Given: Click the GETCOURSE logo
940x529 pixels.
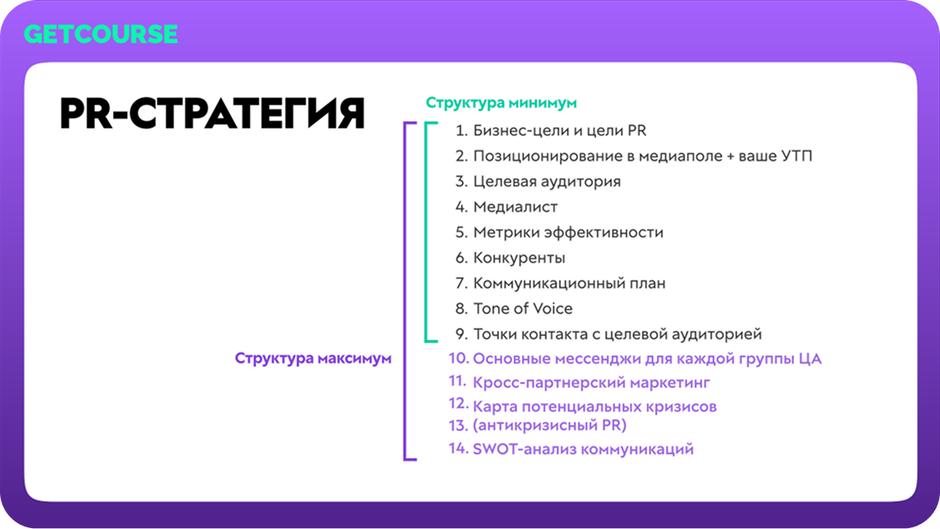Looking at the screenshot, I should [x=101, y=33].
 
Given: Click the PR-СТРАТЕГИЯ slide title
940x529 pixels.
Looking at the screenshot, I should [x=212, y=113].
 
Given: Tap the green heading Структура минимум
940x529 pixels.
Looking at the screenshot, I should [x=501, y=103].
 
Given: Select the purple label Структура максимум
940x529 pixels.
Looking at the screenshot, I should [x=313, y=359].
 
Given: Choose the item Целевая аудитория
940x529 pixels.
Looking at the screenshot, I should [x=547, y=182].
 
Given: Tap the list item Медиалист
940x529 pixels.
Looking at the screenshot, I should [x=515, y=207].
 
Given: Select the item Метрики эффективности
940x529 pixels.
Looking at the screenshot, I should [x=568, y=233].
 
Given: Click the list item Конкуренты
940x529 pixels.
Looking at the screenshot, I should [x=519, y=258].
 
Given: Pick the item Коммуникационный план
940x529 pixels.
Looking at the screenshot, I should [x=569, y=283].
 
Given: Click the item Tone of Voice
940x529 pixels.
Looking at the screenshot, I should [x=523, y=309].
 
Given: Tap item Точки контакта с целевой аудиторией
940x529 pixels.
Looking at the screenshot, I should [x=617, y=334].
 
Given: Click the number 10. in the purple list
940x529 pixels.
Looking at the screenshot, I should [x=458, y=359].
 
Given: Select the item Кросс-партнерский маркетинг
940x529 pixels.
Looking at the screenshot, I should [x=591, y=383].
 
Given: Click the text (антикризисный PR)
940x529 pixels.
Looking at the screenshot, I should [x=549, y=426].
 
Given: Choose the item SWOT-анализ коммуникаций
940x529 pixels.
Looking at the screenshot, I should [x=583, y=450].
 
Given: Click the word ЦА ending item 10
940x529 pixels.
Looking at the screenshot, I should [x=811, y=359].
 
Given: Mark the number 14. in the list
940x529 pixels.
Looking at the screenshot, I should [x=458, y=450].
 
